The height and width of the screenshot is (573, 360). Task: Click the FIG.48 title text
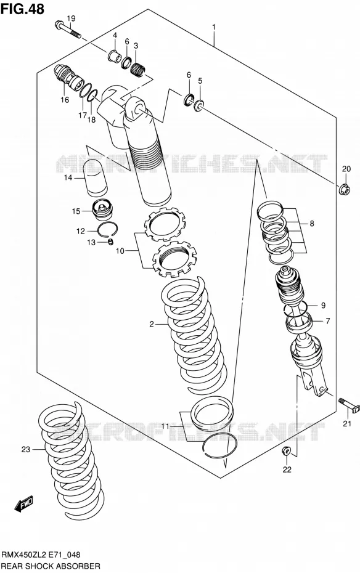pyautogui.click(x=23, y=9)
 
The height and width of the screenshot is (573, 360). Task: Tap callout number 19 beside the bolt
pyautogui.click(x=71, y=18)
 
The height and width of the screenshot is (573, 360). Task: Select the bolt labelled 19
pyautogui.click(x=68, y=29)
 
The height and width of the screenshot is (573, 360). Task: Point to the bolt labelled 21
pyautogui.click(x=349, y=405)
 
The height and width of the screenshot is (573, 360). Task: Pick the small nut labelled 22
pyautogui.click(x=287, y=451)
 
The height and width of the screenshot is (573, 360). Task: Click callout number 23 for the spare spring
pyautogui.click(x=26, y=450)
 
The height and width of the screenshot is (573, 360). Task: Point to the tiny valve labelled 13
pyautogui.click(x=111, y=242)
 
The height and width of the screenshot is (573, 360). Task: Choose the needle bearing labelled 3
pyautogui.click(x=138, y=67)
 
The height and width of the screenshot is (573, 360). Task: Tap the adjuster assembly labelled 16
pyautogui.click(x=68, y=77)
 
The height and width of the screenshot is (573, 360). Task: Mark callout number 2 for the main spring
pyautogui.click(x=152, y=324)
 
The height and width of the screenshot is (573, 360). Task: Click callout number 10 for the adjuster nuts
pyautogui.click(x=120, y=251)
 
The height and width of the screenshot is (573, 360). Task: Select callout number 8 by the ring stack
pyautogui.click(x=312, y=223)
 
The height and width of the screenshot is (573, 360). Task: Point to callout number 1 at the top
pyautogui.click(x=214, y=27)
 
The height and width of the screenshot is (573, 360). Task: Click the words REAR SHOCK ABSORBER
pyautogui.click(x=51, y=566)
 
